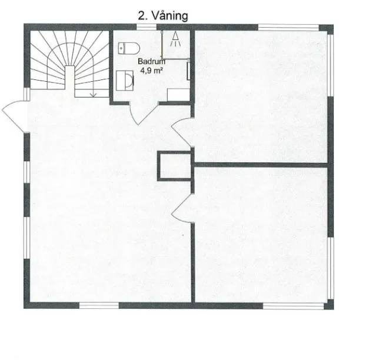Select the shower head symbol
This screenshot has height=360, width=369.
point(175,39)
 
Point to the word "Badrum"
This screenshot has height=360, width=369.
point(151,61)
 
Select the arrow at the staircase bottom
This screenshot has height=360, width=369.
point(93,92)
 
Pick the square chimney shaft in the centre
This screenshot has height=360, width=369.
point(172,165)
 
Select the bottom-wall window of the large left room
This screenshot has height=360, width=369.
point(98,305)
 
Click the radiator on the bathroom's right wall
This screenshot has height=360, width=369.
point(188,71)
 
